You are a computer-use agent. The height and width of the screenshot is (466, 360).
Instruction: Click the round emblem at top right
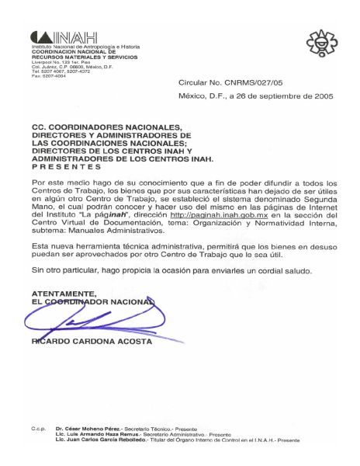click(x=317, y=40)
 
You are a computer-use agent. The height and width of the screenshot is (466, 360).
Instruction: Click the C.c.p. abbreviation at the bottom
click(x=38, y=428)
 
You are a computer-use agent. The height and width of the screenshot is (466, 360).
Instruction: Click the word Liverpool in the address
click(x=41, y=59)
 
